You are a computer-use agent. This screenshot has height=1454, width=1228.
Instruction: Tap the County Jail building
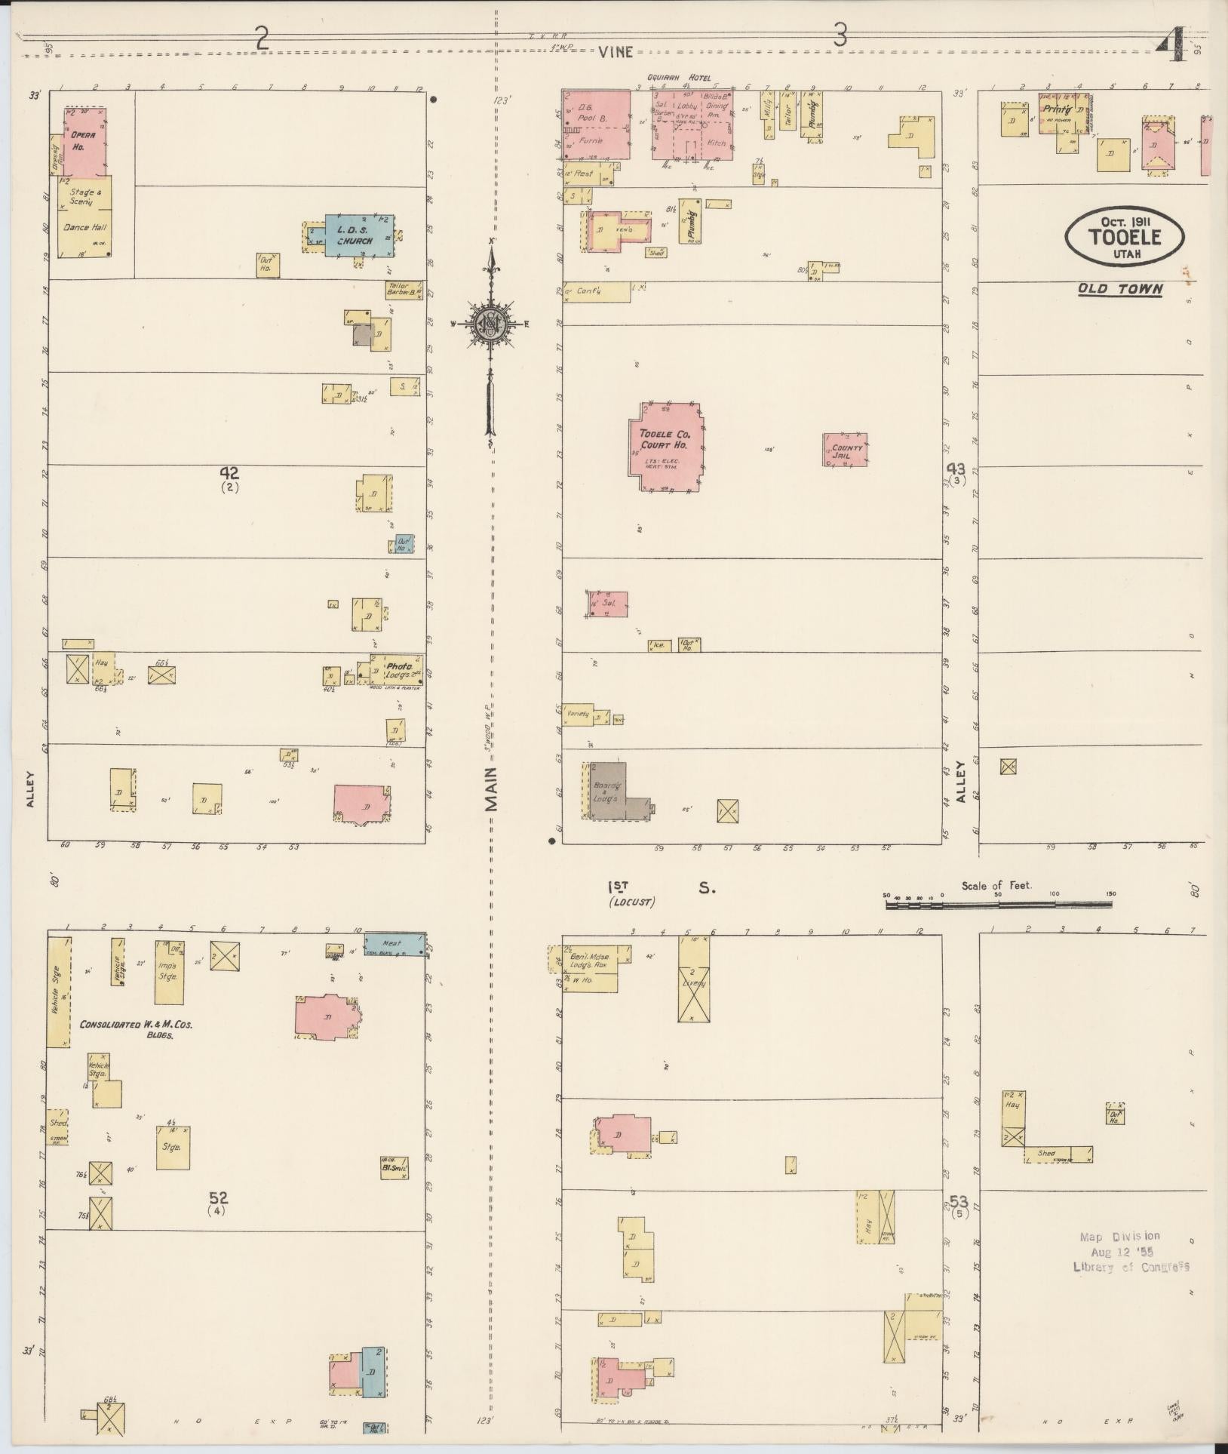tap(845, 450)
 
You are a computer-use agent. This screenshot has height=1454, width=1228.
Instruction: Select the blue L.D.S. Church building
tap(359, 236)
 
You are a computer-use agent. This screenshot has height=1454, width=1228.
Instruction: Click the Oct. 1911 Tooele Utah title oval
tap(1124, 236)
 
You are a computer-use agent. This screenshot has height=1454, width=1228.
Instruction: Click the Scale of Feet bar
tap(997, 904)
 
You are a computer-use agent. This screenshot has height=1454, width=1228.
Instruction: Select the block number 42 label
tap(229, 473)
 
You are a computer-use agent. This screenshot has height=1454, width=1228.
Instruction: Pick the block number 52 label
tap(219, 1197)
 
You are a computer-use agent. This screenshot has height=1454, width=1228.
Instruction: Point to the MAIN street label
tap(492, 788)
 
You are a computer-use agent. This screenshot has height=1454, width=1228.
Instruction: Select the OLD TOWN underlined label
tap(1119, 288)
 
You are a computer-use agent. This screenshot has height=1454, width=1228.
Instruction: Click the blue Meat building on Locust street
tap(394, 943)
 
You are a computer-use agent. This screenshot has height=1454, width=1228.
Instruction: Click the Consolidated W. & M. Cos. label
tap(136, 1030)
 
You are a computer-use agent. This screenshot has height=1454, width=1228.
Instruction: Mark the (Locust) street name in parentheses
tap(632, 902)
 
